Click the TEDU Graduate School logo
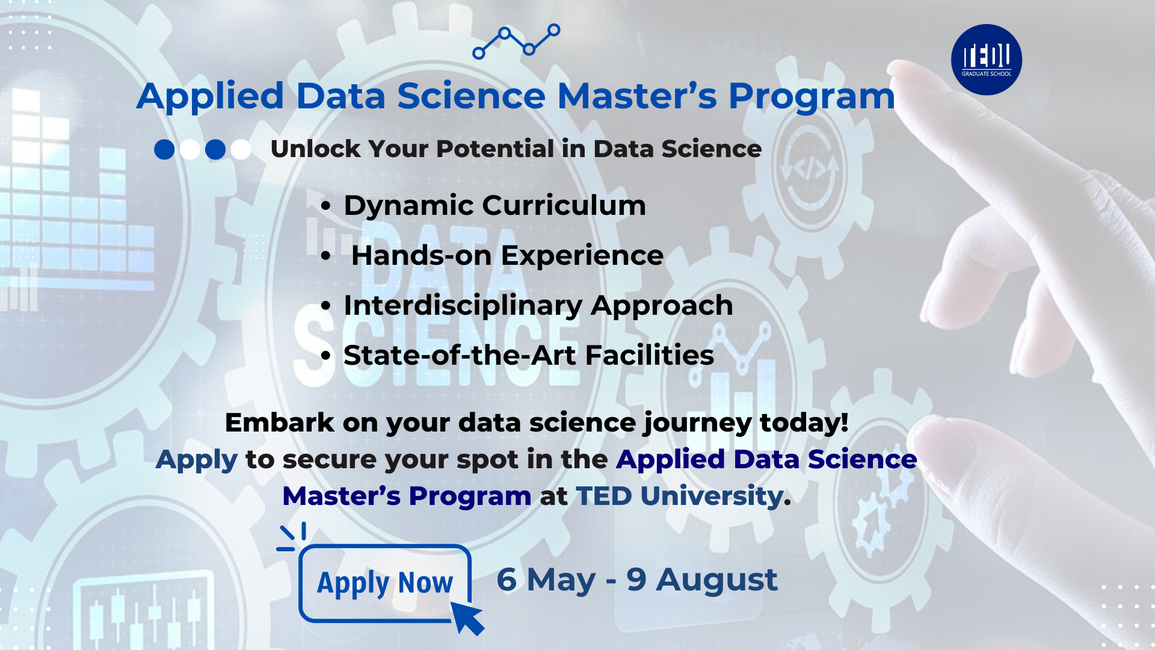point(987,60)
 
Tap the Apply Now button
point(385,583)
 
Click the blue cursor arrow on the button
point(467,617)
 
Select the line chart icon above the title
point(516,42)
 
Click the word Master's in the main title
point(637,96)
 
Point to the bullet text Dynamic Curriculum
point(494,206)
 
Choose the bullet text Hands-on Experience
point(507,256)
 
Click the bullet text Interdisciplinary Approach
point(538,306)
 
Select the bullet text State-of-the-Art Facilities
point(529,356)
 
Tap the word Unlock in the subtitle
point(316,149)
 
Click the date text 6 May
point(546,580)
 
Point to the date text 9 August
point(702,580)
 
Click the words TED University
point(680,497)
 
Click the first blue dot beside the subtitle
point(164,149)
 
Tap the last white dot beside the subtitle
point(241,149)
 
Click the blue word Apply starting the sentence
point(197,460)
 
